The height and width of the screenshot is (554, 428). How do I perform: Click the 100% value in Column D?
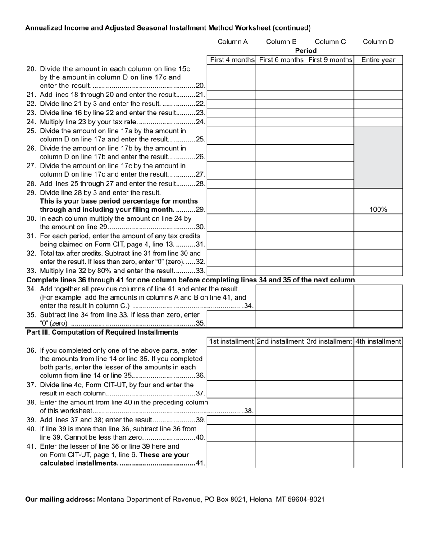coord(378,209)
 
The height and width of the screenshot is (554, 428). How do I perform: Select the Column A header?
coord(232,42)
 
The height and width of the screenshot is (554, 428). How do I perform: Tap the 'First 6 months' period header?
coord(281,60)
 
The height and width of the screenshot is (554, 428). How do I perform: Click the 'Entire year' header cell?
coord(378,60)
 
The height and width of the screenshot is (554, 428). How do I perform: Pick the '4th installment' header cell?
coord(378,341)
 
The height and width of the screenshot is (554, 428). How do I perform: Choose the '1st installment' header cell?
coord(232,341)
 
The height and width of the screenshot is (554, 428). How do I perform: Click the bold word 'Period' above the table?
coord(306,50)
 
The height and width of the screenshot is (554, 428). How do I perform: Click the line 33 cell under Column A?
coord(232,271)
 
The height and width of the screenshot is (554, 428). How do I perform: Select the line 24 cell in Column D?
coord(378,122)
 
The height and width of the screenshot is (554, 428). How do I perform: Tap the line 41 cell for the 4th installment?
coord(378,455)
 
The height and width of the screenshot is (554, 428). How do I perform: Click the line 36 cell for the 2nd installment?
coord(281,363)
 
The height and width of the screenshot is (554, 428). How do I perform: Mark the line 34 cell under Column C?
coord(329,297)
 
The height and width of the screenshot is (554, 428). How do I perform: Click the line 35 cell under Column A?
coord(232,319)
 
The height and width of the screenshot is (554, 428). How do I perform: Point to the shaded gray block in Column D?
coord(378,158)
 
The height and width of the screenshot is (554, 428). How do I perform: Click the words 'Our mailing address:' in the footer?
coord(60,499)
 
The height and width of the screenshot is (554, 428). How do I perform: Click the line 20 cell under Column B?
coord(281,77)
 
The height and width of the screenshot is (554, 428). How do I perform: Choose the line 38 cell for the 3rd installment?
coord(329,406)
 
